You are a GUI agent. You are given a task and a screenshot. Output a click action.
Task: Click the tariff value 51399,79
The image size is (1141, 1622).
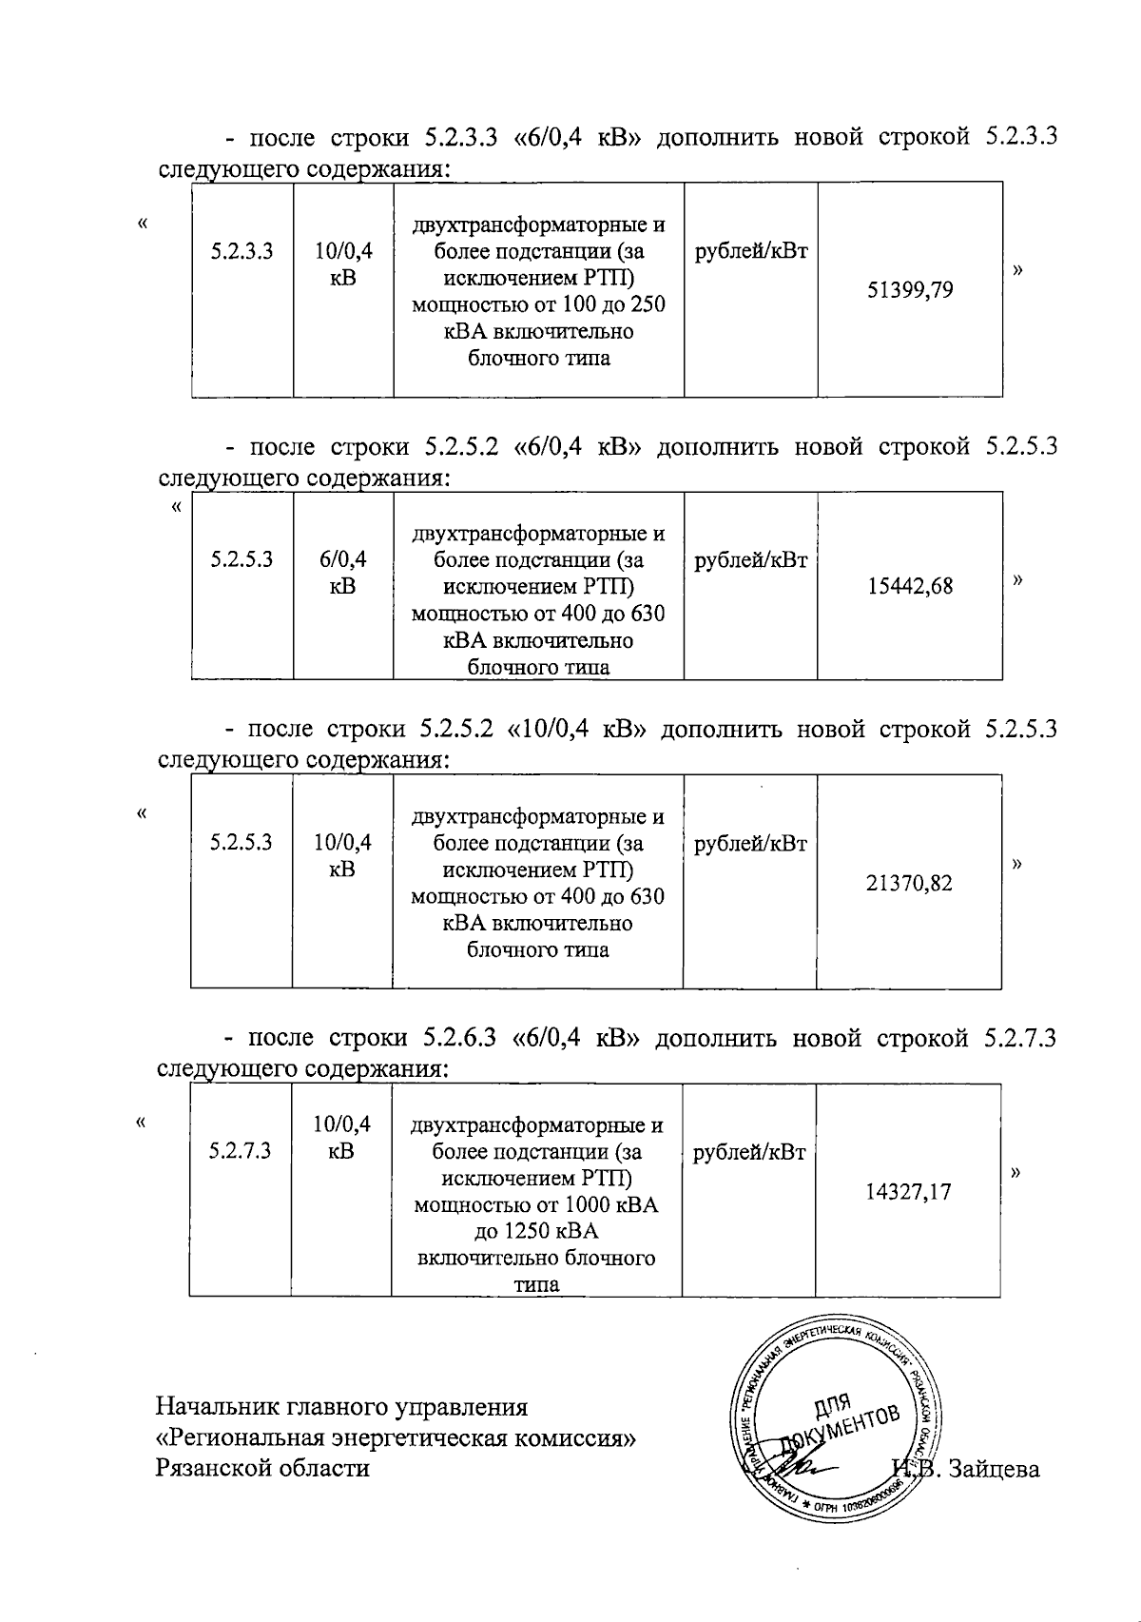pyautogui.click(x=910, y=290)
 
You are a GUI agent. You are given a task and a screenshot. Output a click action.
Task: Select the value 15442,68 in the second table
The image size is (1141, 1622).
pyautogui.click(x=910, y=586)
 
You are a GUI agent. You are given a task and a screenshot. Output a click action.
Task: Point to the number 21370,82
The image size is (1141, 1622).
pyautogui.click(x=909, y=883)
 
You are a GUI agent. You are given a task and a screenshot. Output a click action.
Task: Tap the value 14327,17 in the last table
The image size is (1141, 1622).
pyautogui.click(x=908, y=1192)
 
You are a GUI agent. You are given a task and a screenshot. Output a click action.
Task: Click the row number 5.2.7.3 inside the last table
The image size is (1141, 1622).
pyautogui.click(x=241, y=1151)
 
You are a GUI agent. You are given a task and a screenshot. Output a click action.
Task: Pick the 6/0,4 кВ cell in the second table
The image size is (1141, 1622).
pyautogui.click(x=343, y=572)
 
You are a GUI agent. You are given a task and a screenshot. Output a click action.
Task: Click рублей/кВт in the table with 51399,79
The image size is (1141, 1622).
pyautogui.click(x=751, y=251)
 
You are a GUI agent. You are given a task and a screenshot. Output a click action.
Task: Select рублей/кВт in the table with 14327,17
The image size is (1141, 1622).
pyautogui.click(x=749, y=1152)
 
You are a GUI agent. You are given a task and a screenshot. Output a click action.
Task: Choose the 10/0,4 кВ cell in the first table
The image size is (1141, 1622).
pyautogui.click(x=343, y=264)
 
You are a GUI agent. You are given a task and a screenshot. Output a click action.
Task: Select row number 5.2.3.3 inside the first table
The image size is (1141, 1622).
pyautogui.click(x=242, y=251)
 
